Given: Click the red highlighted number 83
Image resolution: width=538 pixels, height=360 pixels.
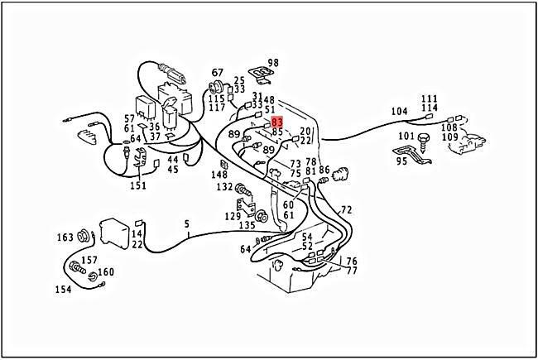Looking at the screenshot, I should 277,122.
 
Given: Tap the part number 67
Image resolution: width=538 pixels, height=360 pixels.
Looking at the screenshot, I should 218,73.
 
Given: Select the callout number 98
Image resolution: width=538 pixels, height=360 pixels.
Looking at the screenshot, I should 273,63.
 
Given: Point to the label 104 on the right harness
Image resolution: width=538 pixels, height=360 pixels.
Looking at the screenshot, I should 400,111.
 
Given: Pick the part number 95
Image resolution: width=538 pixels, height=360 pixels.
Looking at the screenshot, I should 401,161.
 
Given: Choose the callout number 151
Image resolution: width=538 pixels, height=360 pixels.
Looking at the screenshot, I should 138,185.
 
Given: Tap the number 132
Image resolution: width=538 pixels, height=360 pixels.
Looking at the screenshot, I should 225,188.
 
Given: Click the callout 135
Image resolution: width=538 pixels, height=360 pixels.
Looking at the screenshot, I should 247,225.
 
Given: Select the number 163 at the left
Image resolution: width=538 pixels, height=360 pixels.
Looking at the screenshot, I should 65,238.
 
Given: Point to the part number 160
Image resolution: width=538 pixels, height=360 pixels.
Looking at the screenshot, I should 106,272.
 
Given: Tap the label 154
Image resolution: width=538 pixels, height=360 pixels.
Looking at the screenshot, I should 64,289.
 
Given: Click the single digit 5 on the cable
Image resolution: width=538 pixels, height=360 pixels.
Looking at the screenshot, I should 186,223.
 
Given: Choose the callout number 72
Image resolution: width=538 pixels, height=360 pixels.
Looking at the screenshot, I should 346,210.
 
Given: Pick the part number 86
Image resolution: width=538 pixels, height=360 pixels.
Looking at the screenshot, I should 324,170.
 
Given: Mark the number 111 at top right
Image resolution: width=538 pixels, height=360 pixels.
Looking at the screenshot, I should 429,98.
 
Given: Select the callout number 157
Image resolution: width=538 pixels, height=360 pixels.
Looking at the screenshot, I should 89,260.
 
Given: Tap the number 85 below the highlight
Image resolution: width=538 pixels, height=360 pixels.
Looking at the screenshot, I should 277,132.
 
